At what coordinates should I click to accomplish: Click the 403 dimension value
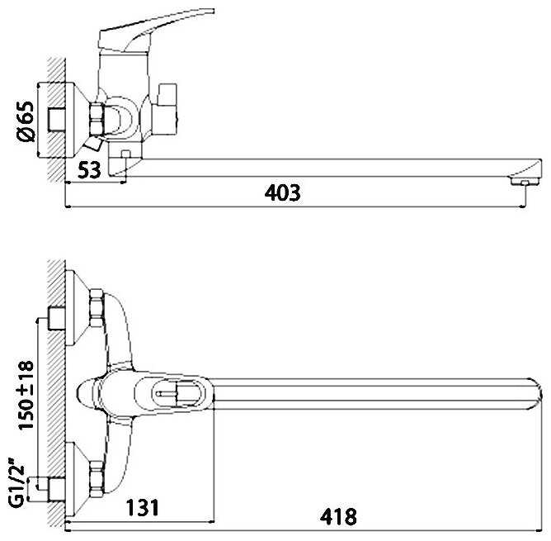click(283, 192)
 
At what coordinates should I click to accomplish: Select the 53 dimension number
click(89, 170)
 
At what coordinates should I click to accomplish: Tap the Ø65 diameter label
click(26, 121)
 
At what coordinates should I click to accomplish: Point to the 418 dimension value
click(338, 517)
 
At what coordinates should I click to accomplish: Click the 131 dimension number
click(143, 508)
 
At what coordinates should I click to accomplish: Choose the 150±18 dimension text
click(26, 395)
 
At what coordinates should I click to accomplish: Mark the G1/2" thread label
click(16, 486)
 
